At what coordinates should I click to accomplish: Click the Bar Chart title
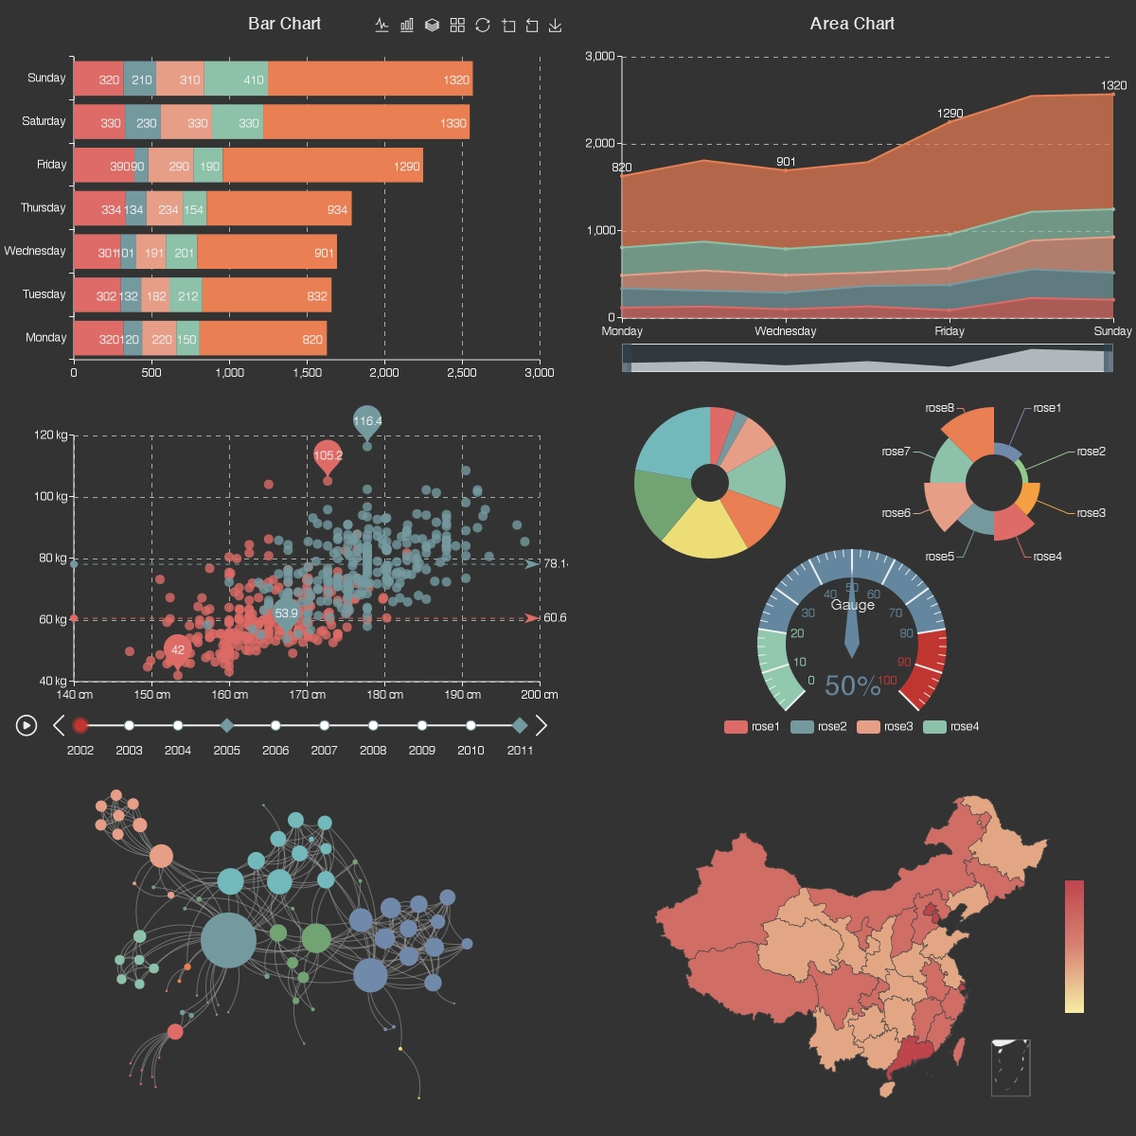click(x=284, y=24)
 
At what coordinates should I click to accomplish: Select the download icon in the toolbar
click(x=556, y=26)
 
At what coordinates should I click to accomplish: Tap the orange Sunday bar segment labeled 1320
click(x=369, y=80)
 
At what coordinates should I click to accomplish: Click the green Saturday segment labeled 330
click(x=238, y=123)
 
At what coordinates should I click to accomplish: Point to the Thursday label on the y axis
click(x=44, y=207)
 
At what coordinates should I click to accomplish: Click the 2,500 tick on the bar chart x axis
click(x=462, y=373)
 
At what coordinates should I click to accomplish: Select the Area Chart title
click(x=852, y=24)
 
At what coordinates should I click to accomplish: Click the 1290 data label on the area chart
click(x=950, y=114)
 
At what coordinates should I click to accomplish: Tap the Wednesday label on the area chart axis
click(x=785, y=331)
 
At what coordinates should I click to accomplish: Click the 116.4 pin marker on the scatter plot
click(x=367, y=422)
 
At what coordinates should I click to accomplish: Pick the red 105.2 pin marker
click(x=328, y=456)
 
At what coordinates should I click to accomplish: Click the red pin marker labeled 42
click(x=177, y=650)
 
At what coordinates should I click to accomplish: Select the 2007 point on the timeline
click(x=325, y=726)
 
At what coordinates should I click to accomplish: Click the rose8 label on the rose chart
click(x=939, y=408)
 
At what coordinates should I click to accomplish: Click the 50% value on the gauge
click(x=852, y=685)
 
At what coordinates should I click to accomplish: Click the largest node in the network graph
click(x=228, y=940)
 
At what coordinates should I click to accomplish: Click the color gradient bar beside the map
click(x=1074, y=947)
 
